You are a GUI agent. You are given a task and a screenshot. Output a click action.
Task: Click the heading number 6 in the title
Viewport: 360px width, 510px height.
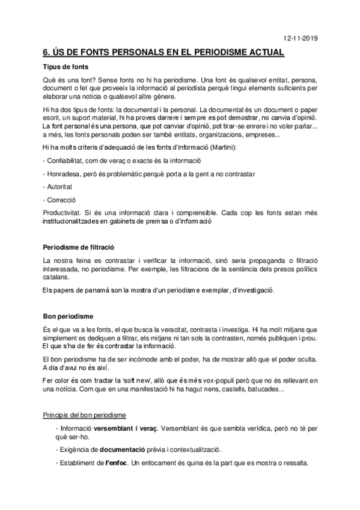click(46, 53)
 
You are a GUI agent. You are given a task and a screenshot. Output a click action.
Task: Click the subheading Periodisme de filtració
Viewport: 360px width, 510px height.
click(78, 247)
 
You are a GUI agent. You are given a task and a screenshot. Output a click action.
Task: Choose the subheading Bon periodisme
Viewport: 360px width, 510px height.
click(68, 316)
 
